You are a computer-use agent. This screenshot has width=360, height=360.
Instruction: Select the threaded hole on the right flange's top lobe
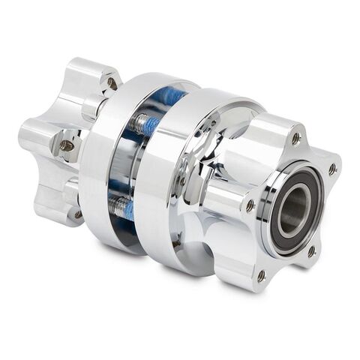tap(295, 138)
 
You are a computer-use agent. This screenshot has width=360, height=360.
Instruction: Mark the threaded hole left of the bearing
tap(248, 204)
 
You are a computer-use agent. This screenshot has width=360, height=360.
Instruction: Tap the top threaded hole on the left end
tap(111, 82)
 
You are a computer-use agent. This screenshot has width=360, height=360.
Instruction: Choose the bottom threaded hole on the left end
tap(76, 214)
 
